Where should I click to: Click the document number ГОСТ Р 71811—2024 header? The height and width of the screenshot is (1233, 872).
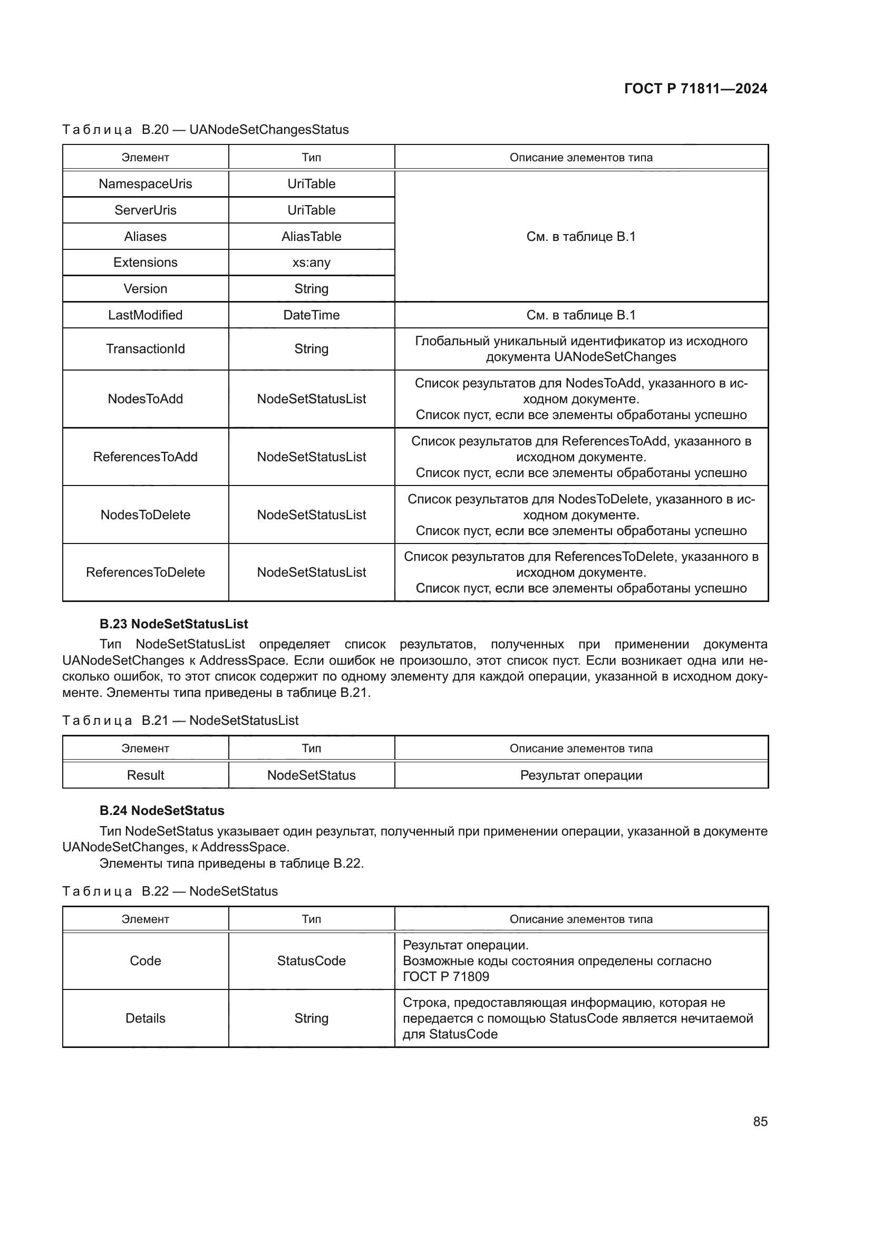695,89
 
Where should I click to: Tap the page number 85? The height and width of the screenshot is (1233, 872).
760,1121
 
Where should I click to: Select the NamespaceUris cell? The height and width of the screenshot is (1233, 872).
145,183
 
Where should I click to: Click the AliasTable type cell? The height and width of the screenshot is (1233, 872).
311,236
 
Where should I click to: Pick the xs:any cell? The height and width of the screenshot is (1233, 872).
311,263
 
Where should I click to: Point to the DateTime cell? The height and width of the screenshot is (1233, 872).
311,315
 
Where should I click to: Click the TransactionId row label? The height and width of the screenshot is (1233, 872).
145,349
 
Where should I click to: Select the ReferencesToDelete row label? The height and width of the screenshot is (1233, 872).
145,572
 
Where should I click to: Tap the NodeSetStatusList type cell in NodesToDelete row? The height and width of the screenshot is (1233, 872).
311,515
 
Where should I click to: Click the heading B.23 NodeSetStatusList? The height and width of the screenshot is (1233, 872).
173,624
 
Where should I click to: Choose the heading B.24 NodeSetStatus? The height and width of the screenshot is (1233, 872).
162,811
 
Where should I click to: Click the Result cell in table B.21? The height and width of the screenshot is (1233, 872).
145,775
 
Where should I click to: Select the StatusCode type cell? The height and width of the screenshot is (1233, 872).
311,961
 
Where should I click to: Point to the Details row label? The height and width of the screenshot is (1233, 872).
145,1018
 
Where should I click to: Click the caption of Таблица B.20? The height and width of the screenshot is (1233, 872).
205,130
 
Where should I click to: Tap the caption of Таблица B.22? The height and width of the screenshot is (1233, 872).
170,891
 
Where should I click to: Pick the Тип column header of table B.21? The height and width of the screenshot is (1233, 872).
311,749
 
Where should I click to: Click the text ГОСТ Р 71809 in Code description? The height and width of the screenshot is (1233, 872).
445,976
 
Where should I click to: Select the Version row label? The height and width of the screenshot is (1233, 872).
145,289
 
